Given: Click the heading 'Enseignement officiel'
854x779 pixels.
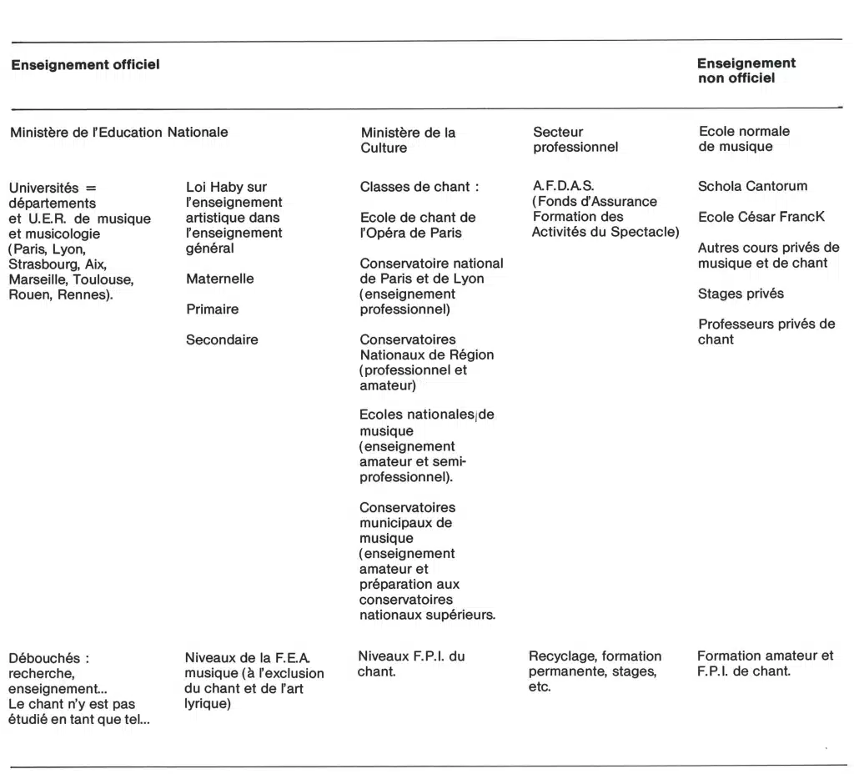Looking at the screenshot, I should [84, 64].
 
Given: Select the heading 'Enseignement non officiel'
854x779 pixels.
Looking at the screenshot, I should [746, 71].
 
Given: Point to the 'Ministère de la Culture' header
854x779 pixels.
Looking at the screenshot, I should [408, 140].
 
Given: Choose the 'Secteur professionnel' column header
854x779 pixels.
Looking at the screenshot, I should [575, 139].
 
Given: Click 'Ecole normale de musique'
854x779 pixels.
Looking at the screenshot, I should [743, 139].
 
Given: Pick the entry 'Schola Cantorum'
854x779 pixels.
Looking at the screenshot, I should [752, 187].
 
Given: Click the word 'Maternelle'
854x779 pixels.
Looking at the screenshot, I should [220, 279].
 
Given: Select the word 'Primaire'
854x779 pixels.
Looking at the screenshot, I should [212, 309].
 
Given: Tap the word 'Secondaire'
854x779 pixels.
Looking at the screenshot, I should [222, 340].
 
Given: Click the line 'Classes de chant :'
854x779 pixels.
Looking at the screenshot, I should [419, 187].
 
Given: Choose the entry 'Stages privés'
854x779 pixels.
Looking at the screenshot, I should [741, 294].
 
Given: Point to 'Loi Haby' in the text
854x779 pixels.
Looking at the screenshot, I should [213, 188].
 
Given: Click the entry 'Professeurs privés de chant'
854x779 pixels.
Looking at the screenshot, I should [766, 332].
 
